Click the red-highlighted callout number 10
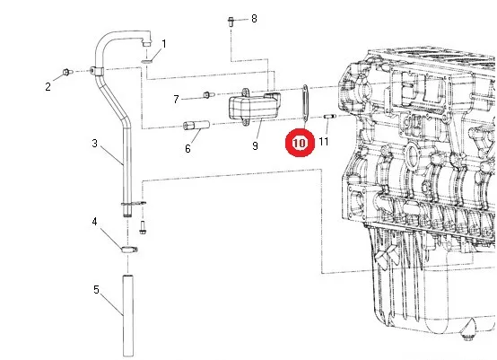tap(300, 143)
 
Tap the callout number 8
tap(254, 18)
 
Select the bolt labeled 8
tap(231, 22)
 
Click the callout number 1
tap(164, 44)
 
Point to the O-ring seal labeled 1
tap(146, 61)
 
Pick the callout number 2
tap(48, 86)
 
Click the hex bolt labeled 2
tap(67, 72)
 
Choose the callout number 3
tap(94, 144)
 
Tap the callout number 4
tap(94, 222)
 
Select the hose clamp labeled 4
tap(128, 250)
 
